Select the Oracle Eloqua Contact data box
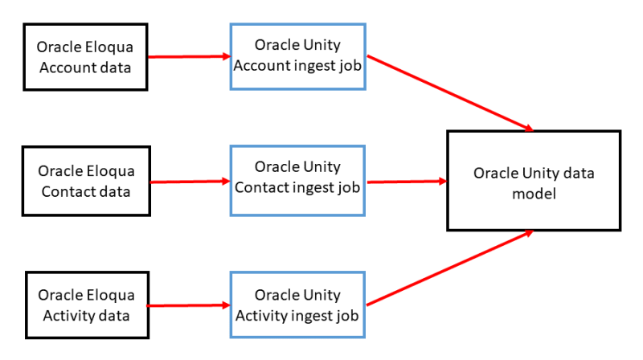[x=87, y=181]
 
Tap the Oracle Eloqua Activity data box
[x=87, y=305]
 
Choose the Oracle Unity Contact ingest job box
[x=297, y=178]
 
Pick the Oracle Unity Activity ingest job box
[x=297, y=305]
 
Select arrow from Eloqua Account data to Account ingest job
[x=190, y=57]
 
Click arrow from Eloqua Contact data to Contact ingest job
[x=190, y=182]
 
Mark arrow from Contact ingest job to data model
[x=406, y=182]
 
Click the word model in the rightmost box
[x=534, y=193]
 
